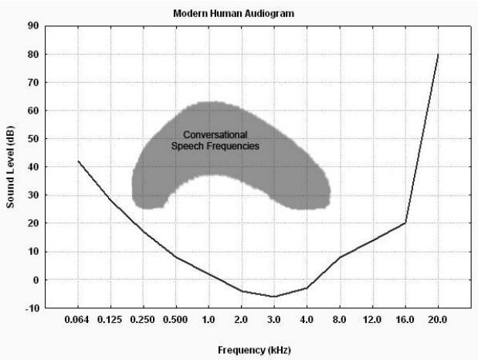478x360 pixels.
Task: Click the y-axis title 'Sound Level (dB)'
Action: tap(13, 166)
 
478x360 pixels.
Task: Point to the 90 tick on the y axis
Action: tap(32, 25)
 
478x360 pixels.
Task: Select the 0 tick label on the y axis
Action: tap(35, 280)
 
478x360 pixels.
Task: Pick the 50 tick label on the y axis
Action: tap(32, 138)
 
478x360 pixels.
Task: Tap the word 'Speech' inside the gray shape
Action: tap(185, 145)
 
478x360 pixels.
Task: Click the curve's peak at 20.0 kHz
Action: tap(438, 54)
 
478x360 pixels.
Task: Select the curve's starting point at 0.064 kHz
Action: tap(79, 161)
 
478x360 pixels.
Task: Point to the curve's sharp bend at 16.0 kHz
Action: tap(405, 223)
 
